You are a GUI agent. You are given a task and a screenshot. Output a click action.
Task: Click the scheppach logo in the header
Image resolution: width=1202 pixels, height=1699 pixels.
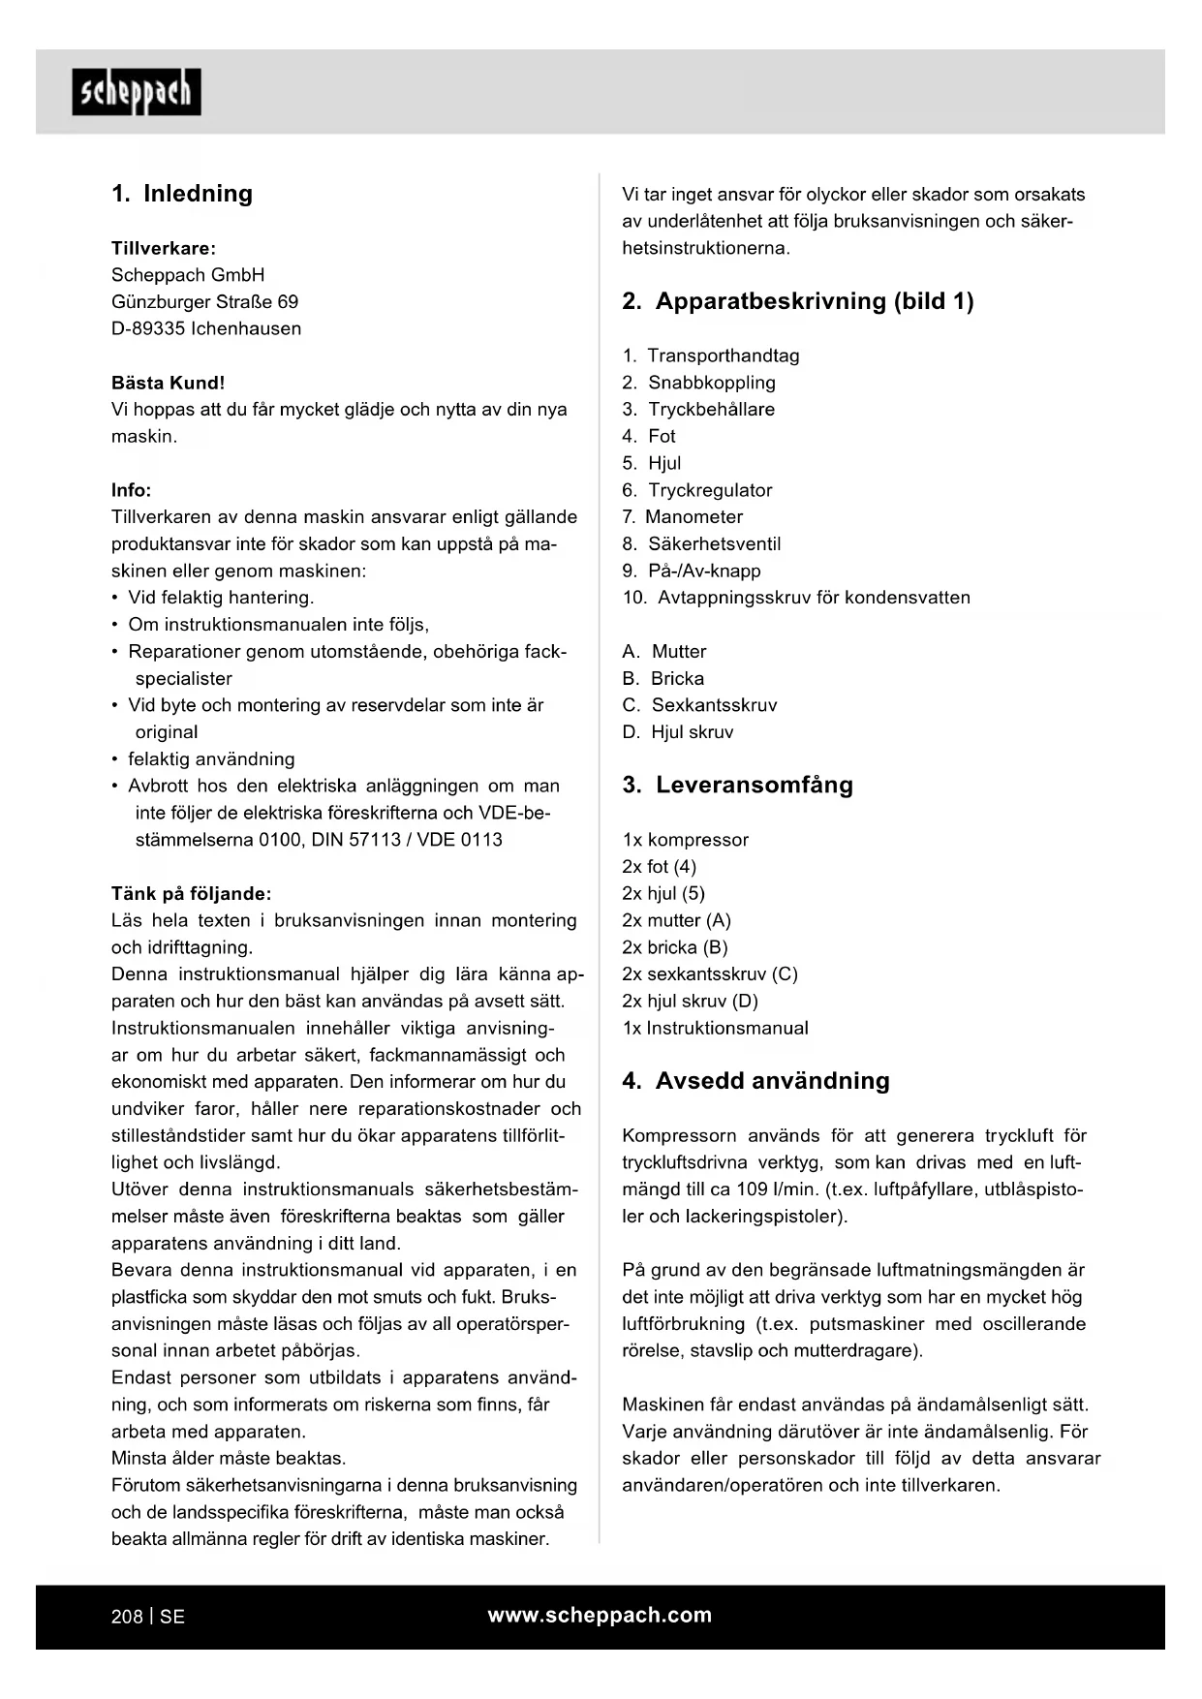coord(137,93)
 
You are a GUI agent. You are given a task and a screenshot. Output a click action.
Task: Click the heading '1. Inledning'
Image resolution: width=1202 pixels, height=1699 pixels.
coord(182,194)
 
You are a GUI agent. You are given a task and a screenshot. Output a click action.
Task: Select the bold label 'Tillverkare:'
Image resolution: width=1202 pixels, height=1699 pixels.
coord(164,248)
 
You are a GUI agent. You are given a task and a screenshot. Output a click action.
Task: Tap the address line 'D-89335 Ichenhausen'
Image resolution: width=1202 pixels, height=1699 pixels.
coord(206,328)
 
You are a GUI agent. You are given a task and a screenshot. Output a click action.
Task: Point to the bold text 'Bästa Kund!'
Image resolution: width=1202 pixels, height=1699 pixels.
coord(168,383)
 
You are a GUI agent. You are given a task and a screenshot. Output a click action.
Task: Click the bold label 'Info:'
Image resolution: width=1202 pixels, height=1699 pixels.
coord(131,490)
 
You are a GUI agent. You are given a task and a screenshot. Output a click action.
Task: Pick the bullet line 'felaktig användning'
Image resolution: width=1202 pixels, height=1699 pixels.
coord(211,759)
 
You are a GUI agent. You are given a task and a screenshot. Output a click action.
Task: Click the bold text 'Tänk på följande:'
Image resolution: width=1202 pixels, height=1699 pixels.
coord(191,893)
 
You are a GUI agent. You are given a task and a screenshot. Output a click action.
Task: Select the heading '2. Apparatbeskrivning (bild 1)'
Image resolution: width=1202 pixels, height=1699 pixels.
coord(797,301)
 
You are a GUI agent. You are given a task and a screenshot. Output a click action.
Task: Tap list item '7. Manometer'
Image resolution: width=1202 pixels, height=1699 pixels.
coord(683,517)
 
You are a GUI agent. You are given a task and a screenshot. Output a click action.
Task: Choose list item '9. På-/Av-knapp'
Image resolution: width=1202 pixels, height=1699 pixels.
coord(692,571)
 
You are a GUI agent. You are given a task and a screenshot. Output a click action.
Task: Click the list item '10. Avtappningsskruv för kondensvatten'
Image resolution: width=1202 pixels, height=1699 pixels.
coord(796,598)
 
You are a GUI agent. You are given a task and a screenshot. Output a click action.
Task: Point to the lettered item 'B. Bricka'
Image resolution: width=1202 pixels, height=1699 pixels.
coord(663,678)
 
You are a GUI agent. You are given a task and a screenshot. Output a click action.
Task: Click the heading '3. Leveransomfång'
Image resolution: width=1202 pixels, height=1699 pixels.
coord(737,785)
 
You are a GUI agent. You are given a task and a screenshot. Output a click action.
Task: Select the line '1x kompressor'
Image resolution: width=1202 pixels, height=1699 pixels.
coord(685,840)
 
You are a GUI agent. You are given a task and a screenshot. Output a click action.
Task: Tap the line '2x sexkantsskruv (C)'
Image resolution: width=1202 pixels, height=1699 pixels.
coord(710,974)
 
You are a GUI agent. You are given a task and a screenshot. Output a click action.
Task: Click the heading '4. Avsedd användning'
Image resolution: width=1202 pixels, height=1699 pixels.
coord(755,1081)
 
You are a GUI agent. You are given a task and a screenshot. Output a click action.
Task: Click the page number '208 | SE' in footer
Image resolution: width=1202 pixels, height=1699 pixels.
coord(148,1617)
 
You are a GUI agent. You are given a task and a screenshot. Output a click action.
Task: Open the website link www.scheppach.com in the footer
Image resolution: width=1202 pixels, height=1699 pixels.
coord(600,1615)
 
